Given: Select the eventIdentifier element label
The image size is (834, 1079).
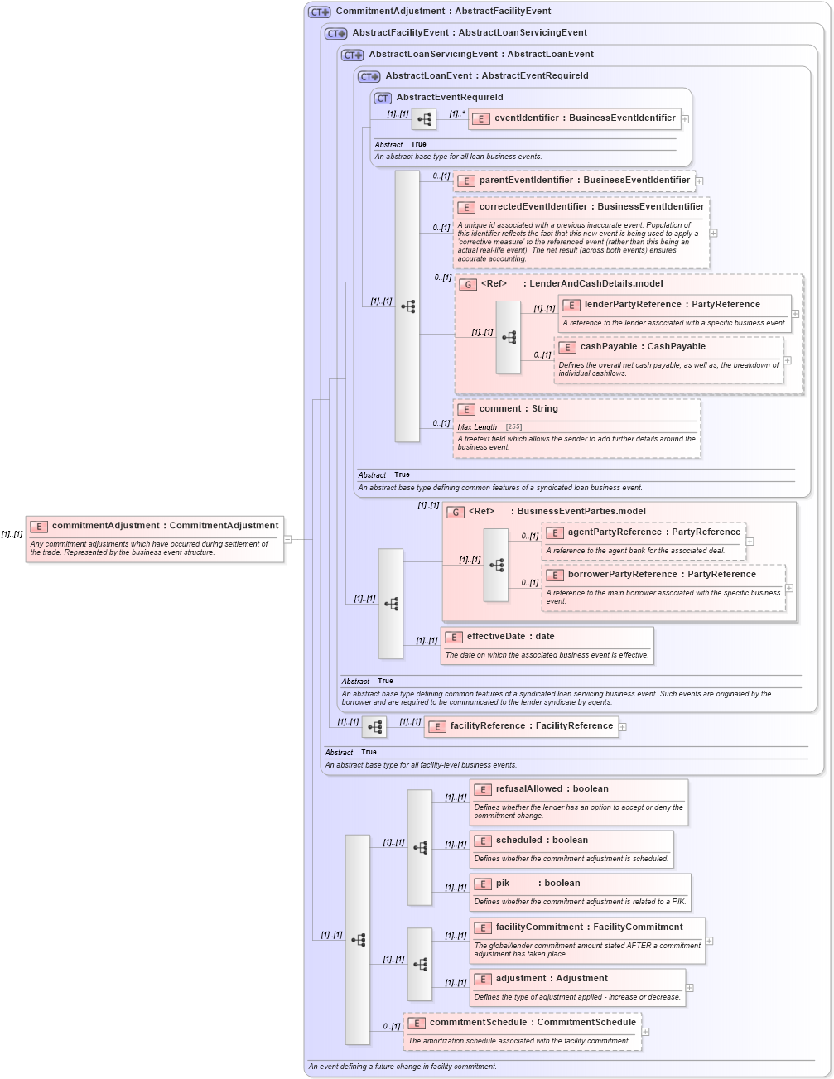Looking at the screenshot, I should point(585,118).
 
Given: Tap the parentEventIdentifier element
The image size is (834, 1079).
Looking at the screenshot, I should point(584,181).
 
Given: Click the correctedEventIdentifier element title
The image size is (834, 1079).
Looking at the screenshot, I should point(591,207).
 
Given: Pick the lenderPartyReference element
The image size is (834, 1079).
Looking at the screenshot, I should point(672,305).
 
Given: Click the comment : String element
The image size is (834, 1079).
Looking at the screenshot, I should point(518,409).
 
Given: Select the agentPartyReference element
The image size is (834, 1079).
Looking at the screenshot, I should point(653,532).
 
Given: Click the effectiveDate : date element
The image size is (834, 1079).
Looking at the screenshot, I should point(510,637).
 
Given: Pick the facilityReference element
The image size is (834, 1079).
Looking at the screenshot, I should point(531,726).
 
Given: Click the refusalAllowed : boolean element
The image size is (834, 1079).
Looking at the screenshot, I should point(552,789).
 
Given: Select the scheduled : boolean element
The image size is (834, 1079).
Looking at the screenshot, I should point(542,841).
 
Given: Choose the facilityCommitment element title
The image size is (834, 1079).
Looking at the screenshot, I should point(589,927).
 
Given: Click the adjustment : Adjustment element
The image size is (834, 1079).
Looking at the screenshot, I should point(552,979).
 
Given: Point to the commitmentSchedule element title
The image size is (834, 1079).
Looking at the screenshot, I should point(533,1023).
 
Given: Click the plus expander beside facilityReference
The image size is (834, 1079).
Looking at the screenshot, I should point(623,727).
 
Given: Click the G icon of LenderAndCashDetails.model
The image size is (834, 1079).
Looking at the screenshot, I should point(468,285).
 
